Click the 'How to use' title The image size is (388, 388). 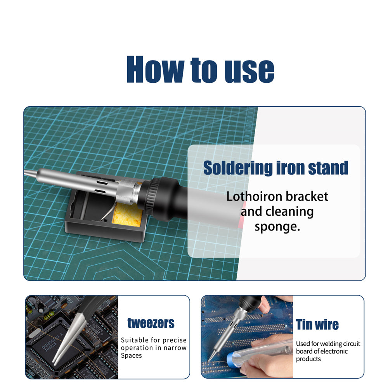click(x=200, y=70)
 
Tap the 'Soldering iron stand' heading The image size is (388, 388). click(x=275, y=168)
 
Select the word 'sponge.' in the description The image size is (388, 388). click(x=277, y=227)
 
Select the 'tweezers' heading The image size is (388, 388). click(x=151, y=323)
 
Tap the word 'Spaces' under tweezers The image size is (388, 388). click(x=131, y=355)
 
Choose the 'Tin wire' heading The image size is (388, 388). click(x=317, y=324)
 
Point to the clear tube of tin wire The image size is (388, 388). click(x=268, y=351)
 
